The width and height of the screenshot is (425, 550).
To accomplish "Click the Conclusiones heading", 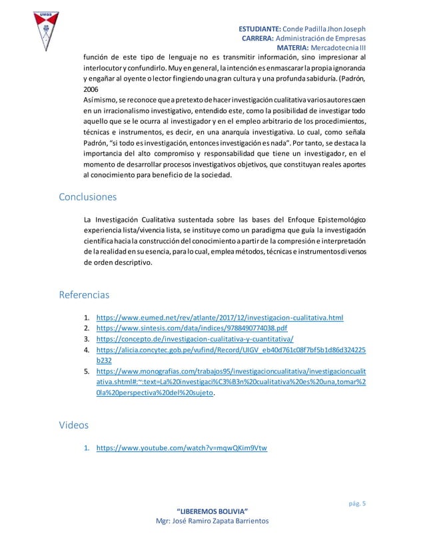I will [x=88, y=197].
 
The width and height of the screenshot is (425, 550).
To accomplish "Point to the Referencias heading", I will [x=85, y=294].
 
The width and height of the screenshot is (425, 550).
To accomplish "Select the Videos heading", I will [x=73, y=423].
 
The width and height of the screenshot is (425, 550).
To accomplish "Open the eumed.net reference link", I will [x=220, y=318].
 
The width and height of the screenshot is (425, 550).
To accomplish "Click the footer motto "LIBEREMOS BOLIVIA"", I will [x=212, y=510].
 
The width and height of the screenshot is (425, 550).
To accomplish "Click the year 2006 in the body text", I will [x=91, y=89].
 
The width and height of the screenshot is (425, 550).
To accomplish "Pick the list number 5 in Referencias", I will [x=87, y=372].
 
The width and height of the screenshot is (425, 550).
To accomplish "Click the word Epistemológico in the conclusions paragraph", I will [x=336, y=220].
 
